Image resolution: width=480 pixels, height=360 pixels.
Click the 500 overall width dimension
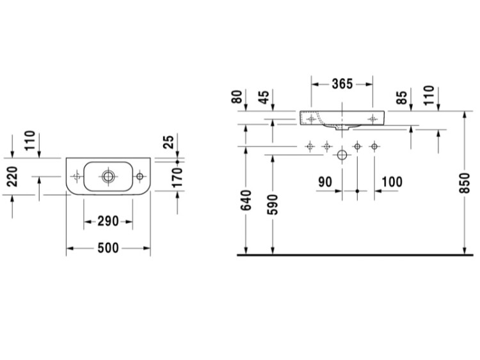coord(108,248)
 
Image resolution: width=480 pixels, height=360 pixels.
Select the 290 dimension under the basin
coord(108,221)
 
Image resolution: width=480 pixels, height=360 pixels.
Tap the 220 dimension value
coord(13,176)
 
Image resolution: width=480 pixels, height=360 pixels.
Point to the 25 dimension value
coord(169,142)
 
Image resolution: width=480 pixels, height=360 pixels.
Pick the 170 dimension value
coord(177,178)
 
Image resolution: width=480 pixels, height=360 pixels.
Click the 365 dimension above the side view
coord(342,84)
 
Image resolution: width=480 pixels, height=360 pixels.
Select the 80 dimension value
coord(237,97)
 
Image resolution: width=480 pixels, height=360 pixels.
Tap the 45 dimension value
coord(264,97)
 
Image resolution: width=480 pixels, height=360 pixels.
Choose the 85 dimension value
coord(402,97)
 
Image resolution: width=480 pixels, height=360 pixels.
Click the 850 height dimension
coord(465,183)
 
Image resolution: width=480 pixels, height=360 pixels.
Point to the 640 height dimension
coord(246,200)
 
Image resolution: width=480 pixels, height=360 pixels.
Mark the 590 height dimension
coord(273,205)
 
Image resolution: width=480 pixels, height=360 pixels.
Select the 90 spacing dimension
coord(325,182)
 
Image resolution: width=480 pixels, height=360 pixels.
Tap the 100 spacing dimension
coord(392,182)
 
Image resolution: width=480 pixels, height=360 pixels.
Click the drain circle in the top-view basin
coord(108,176)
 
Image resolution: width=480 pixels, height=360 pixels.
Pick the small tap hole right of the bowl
coord(140,176)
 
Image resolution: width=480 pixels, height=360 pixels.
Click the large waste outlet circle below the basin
coord(342,155)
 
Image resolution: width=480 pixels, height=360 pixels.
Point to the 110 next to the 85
coord(429,95)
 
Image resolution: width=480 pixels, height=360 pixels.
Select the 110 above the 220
coord(30,141)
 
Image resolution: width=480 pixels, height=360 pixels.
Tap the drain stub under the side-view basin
coord(342,127)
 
